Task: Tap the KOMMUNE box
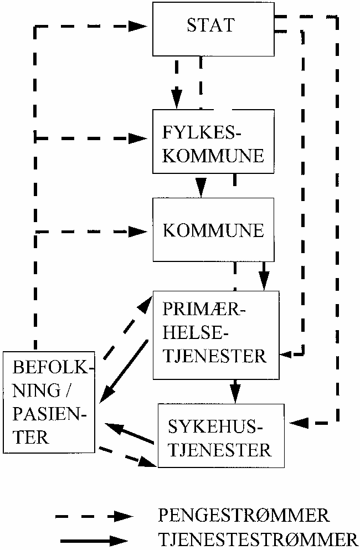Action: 213,230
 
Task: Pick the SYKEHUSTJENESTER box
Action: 222,438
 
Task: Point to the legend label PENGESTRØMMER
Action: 244,516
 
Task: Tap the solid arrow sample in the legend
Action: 94,539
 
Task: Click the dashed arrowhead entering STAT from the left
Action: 138,25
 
